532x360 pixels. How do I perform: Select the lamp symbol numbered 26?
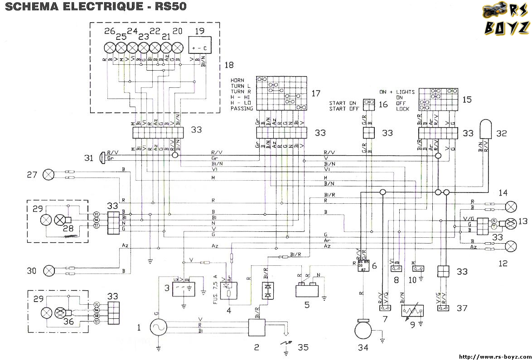click(x=110, y=48)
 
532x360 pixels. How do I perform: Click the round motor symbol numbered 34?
click(x=362, y=329)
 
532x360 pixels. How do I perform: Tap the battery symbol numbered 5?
click(x=307, y=290)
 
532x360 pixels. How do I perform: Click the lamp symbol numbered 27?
click(x=48, y=174)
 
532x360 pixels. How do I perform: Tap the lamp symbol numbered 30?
click(x=48, y=271)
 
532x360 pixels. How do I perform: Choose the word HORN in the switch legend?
click(x=237, y=80)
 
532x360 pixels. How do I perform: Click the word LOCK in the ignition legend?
click(x=403, y=109)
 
